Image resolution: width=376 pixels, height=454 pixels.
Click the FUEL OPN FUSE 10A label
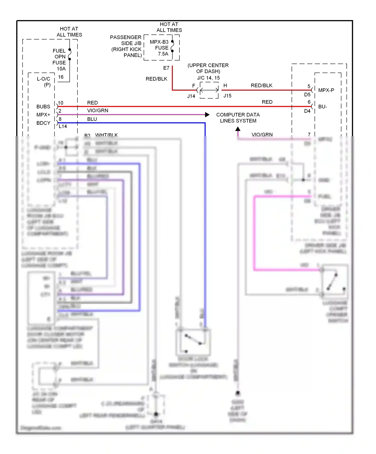pos(59,60)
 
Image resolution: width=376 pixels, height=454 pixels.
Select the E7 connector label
pos(166,68)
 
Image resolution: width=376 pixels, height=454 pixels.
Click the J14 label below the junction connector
pos(191,96)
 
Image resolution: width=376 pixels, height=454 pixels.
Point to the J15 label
pos(227,96)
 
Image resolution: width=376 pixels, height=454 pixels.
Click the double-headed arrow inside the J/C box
pos(209,90)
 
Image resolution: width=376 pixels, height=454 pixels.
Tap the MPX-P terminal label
pos(326,90)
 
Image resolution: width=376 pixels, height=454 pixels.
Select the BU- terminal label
pos(323,107)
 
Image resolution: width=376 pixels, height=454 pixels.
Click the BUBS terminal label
pos(43,107)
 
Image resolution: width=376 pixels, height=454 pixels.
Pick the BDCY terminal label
pos(43,123)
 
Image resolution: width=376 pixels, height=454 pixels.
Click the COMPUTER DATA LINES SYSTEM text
pos(238,118)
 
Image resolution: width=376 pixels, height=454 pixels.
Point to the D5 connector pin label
pos(307,95)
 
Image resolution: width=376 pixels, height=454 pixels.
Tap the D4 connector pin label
pos(307,111)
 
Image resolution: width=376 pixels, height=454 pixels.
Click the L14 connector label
pos(63,126)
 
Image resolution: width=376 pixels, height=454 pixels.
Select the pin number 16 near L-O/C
pos(61,77)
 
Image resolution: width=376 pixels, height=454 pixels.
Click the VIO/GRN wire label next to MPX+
pos(98,111)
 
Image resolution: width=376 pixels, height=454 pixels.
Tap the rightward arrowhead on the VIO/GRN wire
pos(207,115)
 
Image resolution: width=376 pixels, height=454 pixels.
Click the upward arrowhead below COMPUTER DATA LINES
pos(238,129)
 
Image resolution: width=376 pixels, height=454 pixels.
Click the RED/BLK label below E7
pos(156,79)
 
